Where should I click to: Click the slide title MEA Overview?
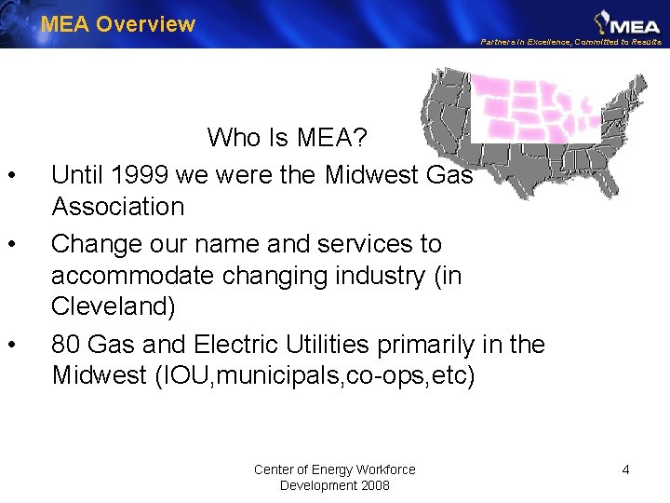coord(118,24)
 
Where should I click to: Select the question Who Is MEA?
coord(288,139)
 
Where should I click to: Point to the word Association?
coord(118,206)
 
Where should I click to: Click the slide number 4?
coord(625,469)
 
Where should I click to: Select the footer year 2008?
coord(373,485)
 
